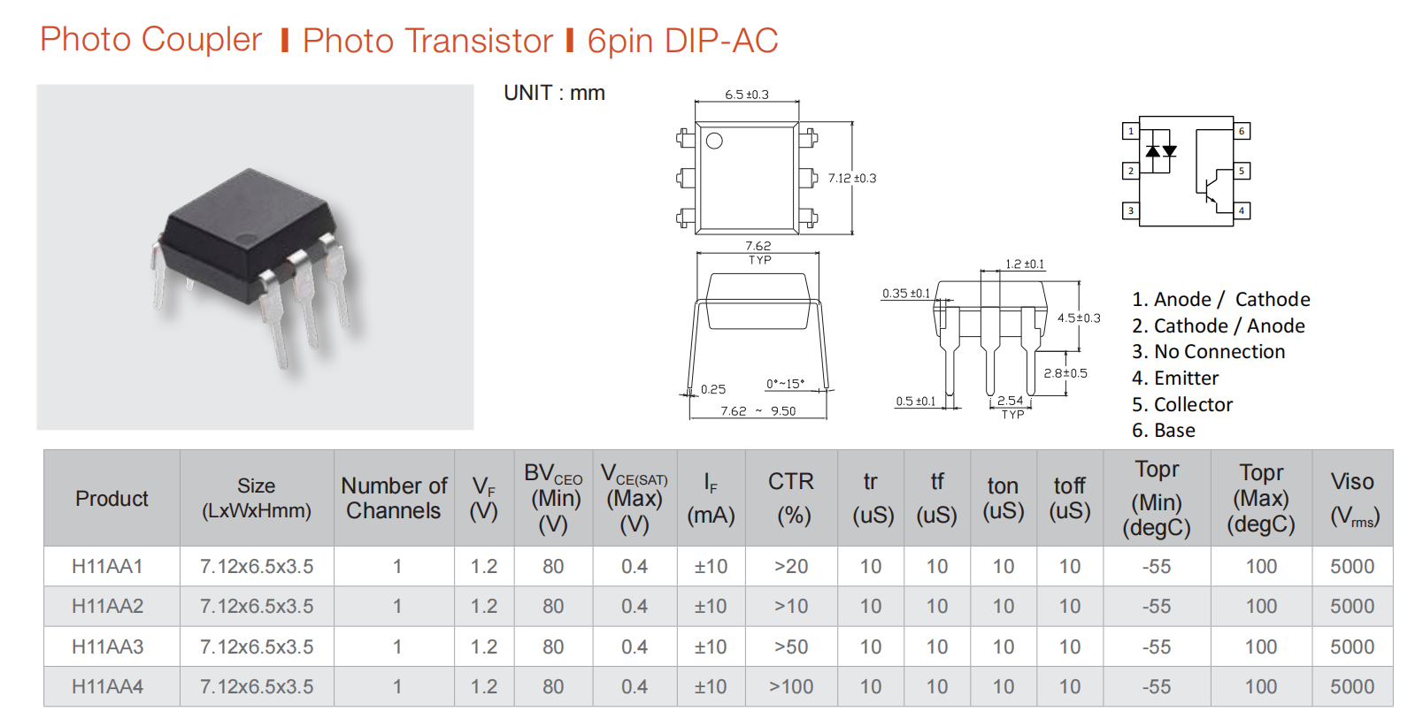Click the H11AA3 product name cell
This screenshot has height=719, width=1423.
pos(107,646)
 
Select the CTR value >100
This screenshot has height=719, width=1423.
pos(791,686)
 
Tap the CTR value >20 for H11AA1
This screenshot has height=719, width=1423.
pos(791,566)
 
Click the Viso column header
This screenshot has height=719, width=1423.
pos(1352,499)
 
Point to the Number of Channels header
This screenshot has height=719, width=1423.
pos(394,498)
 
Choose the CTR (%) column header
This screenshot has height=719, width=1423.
pos(791,498)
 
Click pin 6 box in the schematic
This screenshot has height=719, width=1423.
pos(1242,131)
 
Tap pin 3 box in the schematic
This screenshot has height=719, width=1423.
pos(1131,210)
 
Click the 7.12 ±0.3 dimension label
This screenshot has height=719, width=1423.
pos(852,179)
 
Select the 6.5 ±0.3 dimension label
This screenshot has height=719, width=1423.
pos(746,95)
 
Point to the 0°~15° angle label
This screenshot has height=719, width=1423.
pos(785,384)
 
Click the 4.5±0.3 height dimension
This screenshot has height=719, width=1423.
pos(1079,317)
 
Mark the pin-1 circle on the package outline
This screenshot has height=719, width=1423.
pos(714,141)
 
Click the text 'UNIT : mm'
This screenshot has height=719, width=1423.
pos(554,93)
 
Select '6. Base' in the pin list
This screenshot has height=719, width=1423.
pos(1163,431)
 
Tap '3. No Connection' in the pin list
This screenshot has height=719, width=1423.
pos(1208,352)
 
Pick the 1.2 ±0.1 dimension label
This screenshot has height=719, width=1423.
pos(1025,264)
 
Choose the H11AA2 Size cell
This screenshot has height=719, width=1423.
pos(257,606)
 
